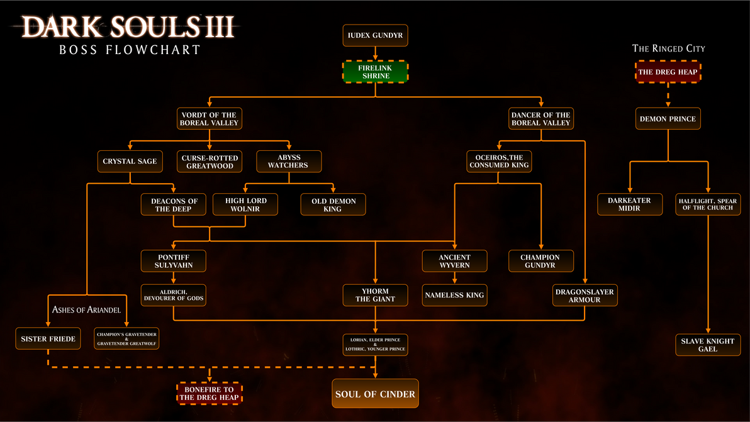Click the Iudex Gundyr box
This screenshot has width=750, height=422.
[375, 35]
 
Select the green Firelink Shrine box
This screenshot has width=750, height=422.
[375, 72]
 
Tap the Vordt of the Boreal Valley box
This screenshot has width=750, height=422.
[209, 119]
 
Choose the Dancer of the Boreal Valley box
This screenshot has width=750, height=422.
[540, 119]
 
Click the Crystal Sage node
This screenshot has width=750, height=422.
[130, 162]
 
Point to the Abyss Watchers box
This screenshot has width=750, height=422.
[288, 162]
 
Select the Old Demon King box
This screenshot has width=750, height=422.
[332, 205]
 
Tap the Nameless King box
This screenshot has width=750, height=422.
[454, 295]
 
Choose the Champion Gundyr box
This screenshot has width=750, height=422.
[540, 262]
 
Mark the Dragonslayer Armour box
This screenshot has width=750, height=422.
[585, 296]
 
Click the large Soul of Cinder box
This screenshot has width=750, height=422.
[375, 394]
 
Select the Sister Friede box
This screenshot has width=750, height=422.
[48, 339]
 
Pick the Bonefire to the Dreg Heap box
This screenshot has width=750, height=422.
[209, 394]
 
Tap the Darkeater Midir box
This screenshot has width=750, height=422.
[629, 204]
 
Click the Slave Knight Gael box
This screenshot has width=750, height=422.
[707, 345]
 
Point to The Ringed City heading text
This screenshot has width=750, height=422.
[668, 48]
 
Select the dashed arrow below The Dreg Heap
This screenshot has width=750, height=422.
[668, 95]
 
